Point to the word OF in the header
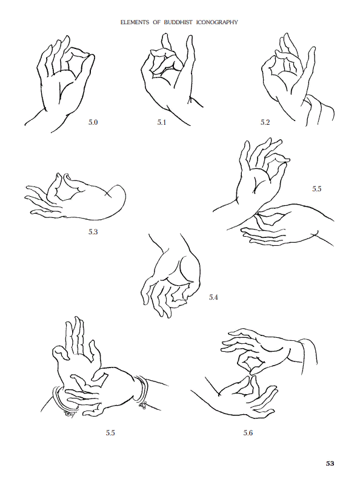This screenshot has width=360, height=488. [x=156, y=22]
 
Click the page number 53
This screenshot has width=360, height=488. [x=330, y=463]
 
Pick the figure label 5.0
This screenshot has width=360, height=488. [x=93, y=122]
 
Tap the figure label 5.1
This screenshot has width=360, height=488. [x=162, y=122]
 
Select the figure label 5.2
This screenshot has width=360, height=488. [x=265, y=122]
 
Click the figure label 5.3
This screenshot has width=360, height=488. [x=93, y=231]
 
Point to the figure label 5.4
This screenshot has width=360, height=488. [x=213, y=297]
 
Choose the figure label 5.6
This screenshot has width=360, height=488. [x=248, y=433]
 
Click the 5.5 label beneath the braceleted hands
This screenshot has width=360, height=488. [x=110, y=433]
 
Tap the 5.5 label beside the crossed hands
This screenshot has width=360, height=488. [x=317, y=189]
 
